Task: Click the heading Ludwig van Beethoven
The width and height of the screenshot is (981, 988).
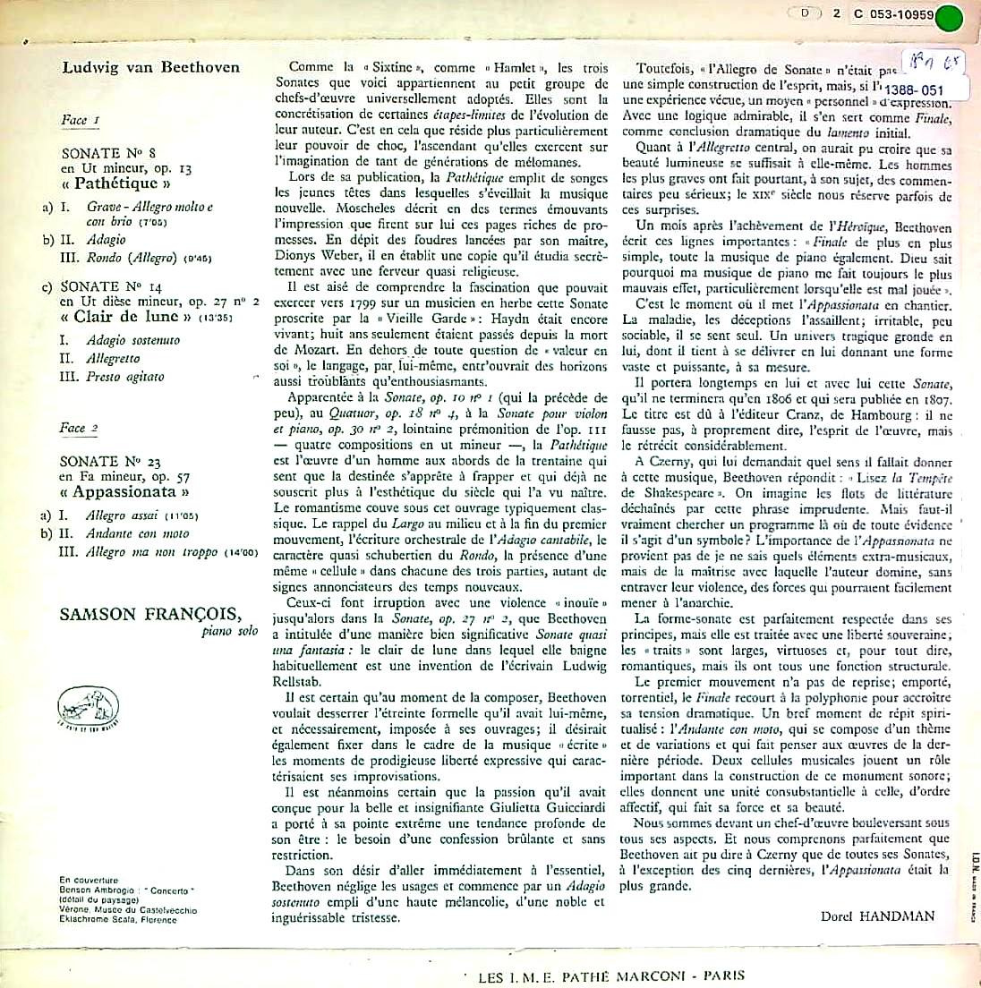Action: click(x=151, y=68)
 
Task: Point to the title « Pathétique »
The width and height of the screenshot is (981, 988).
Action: click(x=116, y=184)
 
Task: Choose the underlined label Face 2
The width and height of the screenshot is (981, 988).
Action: click(x=73, y=428)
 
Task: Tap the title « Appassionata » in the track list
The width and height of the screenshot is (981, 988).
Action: click(x=125, y=492)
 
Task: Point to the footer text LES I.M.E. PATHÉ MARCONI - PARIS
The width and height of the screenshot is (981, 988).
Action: click(x=605, y=975)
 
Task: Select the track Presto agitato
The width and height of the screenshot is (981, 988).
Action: click(x=125, y=377)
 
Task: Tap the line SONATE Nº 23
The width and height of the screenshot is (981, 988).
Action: click(x=111, y=461)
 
